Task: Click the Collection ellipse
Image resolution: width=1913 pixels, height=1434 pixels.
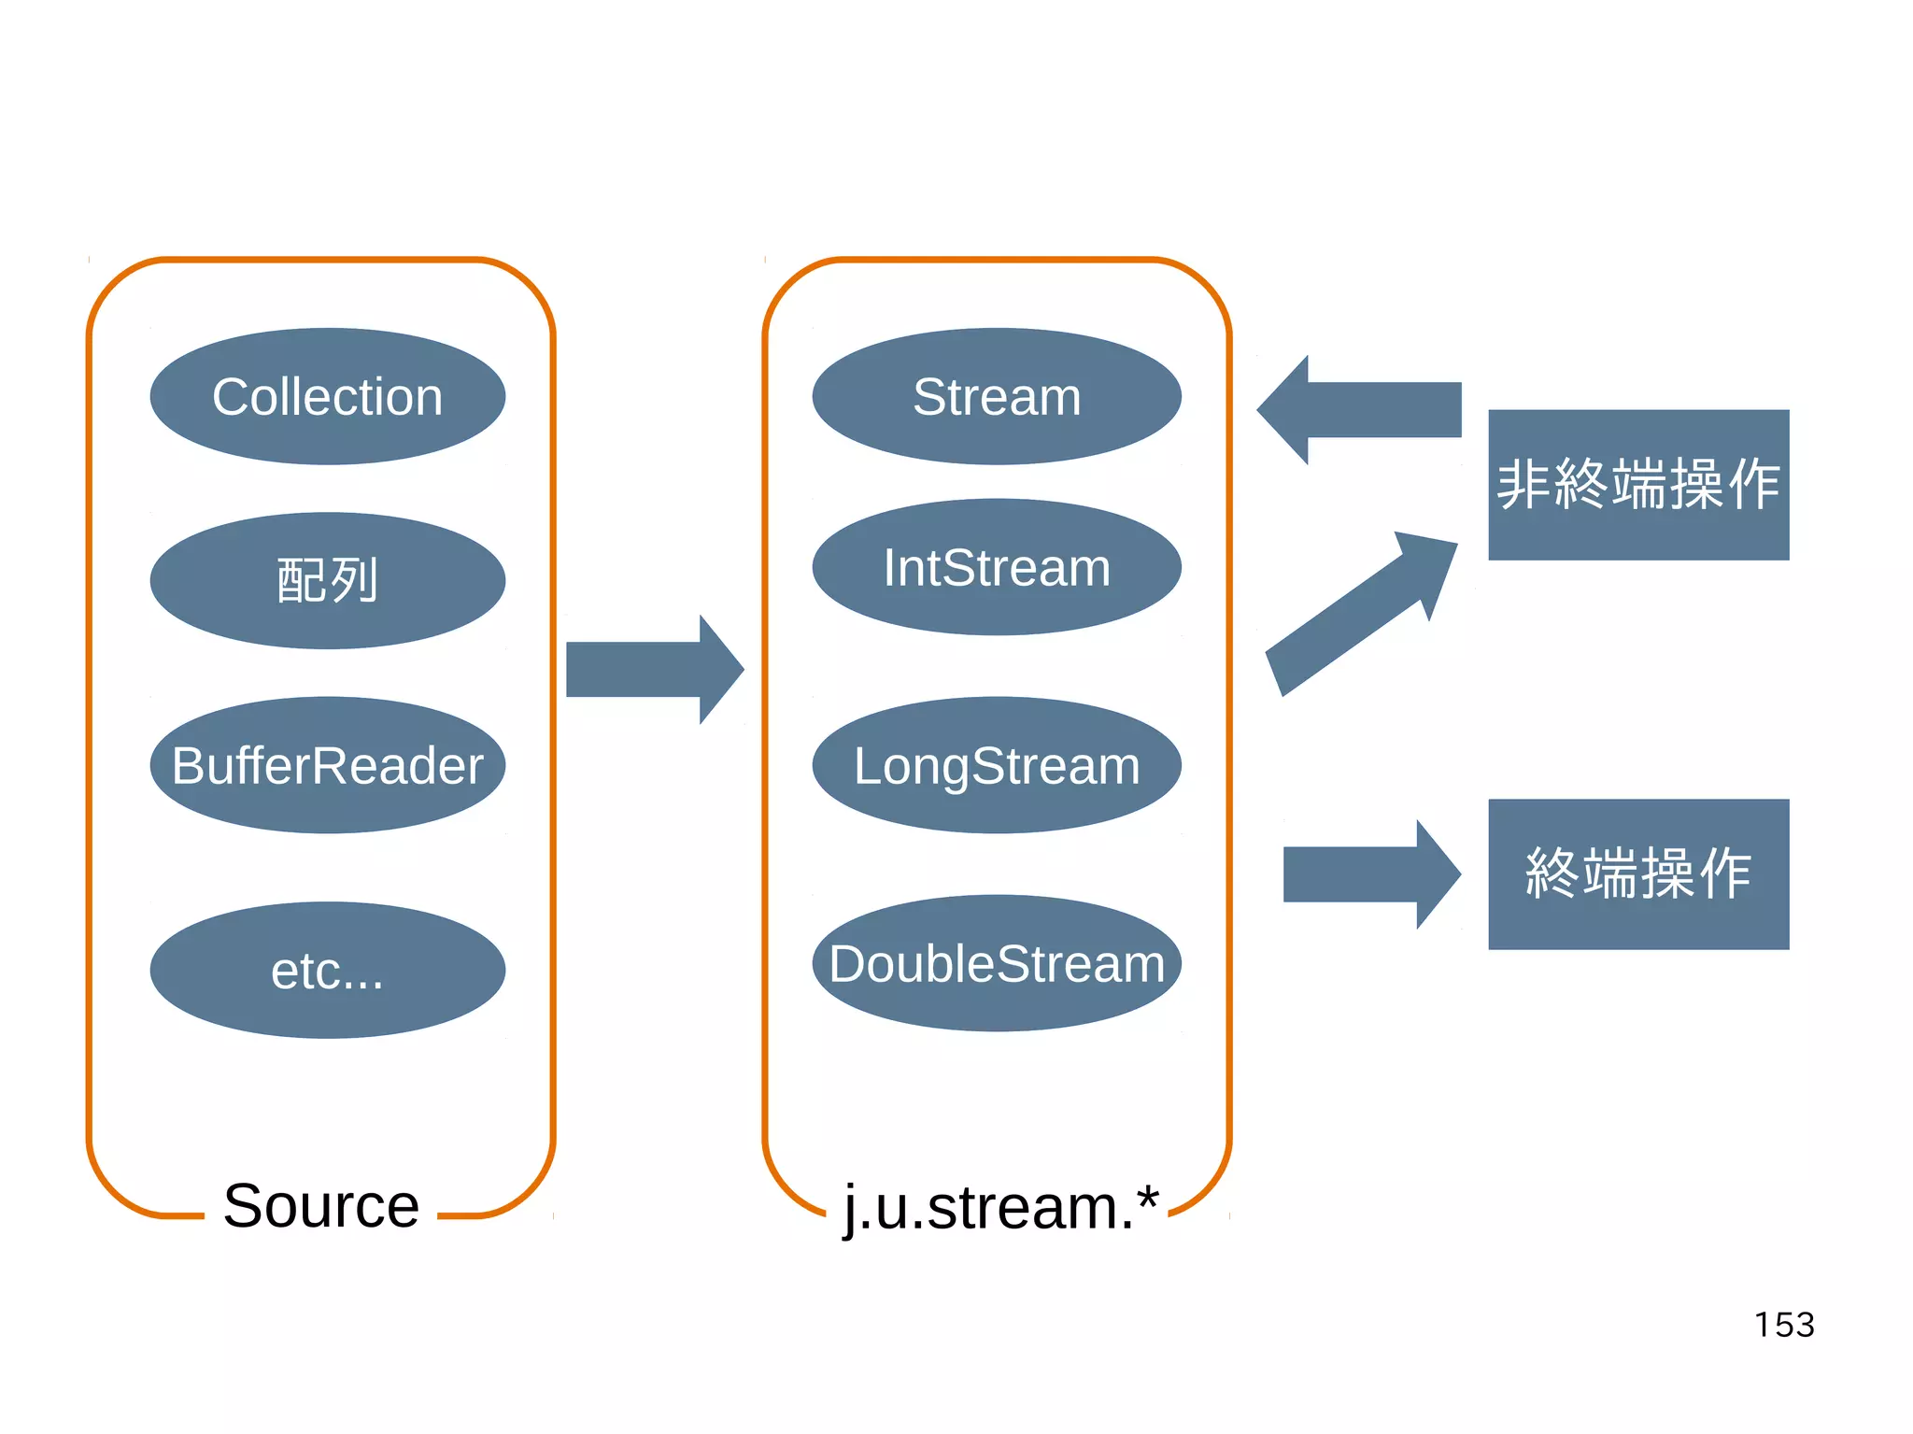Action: pos(327,396)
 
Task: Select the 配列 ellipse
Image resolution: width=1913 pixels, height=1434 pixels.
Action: pos(327,580)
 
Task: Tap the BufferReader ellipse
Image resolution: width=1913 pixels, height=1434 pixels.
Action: pos(327,765)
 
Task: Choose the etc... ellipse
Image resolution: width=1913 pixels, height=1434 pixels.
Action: pos(327,970)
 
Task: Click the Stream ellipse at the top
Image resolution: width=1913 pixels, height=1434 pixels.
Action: pos(997,396)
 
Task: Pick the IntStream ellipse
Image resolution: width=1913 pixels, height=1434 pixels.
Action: pos(997,567)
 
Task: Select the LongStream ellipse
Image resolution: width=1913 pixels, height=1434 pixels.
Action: pos(997,765)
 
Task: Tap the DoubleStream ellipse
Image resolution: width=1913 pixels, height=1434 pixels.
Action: pos(997,963)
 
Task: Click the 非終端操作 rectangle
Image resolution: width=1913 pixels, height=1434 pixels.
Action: pos(1638,485)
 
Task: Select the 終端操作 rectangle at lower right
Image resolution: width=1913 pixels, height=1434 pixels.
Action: pos(1638,874)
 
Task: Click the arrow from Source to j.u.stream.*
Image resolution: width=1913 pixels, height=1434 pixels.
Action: pos(654,670)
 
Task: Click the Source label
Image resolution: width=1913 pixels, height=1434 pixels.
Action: pos(321,1205)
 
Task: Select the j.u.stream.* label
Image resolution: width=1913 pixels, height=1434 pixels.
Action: pos(999,1207)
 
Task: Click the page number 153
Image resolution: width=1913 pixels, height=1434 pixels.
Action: pos(1784,1325)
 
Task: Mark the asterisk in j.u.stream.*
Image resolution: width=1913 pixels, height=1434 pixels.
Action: pos(1148,1195)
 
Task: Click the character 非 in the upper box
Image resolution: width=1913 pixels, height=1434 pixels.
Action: pos(1524,485)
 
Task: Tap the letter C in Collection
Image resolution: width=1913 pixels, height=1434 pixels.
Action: pos(230,397)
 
